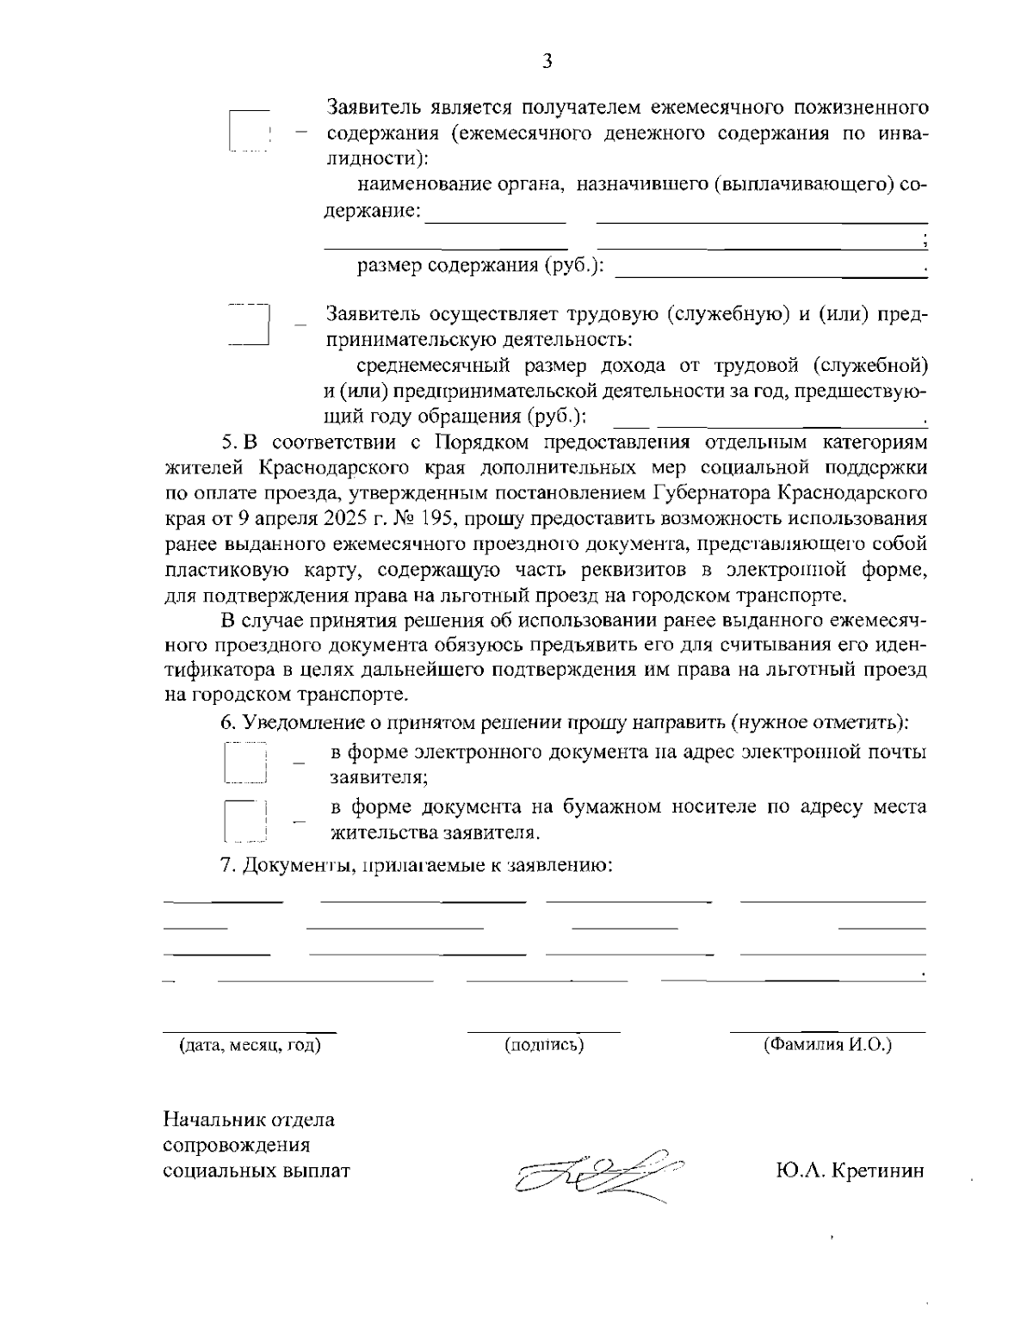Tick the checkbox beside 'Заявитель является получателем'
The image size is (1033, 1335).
(x=250, y=132)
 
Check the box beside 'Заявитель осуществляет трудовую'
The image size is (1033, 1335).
(x=250, y=324)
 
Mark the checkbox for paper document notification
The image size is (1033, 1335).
(x=246, y=819)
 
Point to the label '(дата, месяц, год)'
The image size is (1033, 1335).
(x=250, y=1045)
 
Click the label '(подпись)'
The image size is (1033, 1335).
(x=544, y=1045)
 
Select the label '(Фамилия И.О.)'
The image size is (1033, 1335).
(x=827, y=1045)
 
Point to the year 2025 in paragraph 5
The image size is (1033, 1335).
(x=325, y=519)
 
